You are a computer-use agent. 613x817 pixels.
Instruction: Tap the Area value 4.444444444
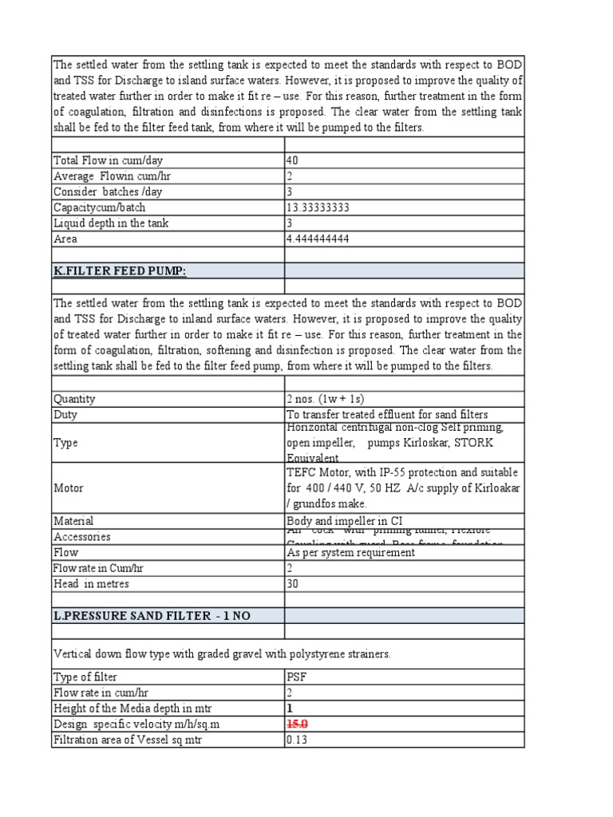click(318, 239)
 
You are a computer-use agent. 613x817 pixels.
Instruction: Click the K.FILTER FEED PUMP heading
click(121, 271)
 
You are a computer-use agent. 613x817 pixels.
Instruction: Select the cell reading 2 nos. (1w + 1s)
click(330, 399)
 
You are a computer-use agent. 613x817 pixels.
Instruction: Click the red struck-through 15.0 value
click(298, 724)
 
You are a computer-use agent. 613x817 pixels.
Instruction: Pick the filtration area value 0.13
click(296, 740)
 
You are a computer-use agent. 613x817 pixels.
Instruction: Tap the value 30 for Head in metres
click(293, 583)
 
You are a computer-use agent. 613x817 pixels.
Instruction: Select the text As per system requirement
click(350, 552)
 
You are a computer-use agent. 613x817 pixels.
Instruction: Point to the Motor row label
click(68, 487)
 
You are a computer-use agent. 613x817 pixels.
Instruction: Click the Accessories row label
click(82, 537)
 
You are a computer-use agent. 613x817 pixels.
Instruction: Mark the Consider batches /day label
click(102, 191)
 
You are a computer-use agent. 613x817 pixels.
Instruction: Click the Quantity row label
click(74, 399)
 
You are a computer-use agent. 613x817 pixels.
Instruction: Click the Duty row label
click(65, 415)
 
